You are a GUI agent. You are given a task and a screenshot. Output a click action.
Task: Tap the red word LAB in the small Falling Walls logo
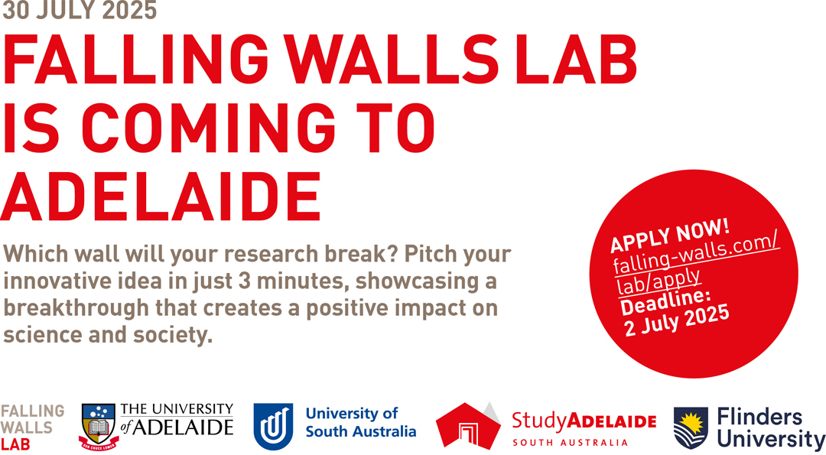coord(15,444)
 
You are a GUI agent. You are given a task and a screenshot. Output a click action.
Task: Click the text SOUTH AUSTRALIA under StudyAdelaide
coord(570,442)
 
